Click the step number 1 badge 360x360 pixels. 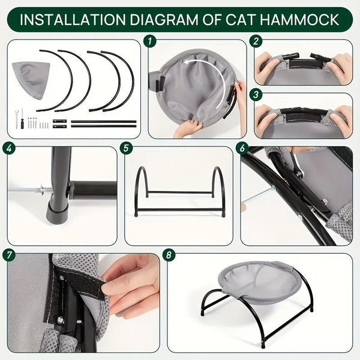(151, 42)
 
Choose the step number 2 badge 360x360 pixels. (257, 42)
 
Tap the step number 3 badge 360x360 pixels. (257, 95)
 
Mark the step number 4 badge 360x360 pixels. (10, 148)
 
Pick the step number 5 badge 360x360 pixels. (126, 148)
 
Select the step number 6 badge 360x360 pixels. (244, 148)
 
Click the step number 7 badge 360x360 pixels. (10, 255)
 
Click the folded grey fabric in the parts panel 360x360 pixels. (29, 78)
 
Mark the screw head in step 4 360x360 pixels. (41, 191)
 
